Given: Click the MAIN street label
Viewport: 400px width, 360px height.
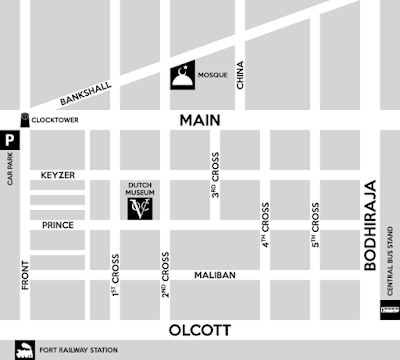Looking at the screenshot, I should click(199, 120).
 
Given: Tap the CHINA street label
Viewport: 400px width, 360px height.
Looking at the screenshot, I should click(240, 75).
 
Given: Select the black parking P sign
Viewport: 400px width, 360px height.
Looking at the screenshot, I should click(9, 141).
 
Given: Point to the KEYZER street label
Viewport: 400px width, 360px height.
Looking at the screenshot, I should click(58, 176).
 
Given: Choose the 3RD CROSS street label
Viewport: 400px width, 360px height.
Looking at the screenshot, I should click(215, 175).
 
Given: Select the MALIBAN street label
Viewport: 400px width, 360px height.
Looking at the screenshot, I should click(214, 274).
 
